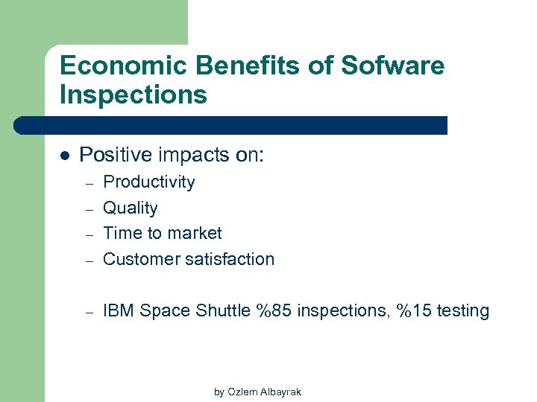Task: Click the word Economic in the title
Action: (x=112, y=66)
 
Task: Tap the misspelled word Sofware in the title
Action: (x=392, y=66)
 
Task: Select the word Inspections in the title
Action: (x=133, y=95)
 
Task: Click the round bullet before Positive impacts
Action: (x=64, y=156)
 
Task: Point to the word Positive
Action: (x=110, y=156)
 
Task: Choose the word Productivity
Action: (x=148, y=182)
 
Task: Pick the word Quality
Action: (x=130, y=208)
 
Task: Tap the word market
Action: (x=195, y=233)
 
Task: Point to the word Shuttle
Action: (x=222, y=311)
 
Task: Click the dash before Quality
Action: (x=87, y=209)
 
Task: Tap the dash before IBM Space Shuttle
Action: (x=87, y=312)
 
